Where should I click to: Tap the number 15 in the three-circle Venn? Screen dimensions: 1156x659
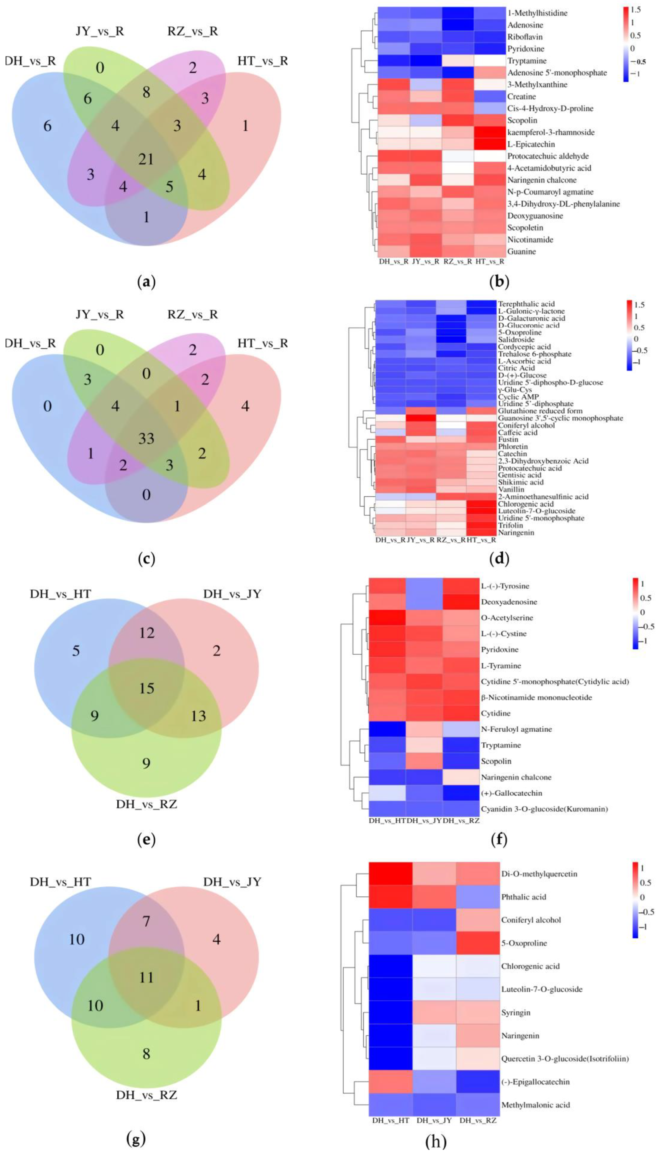(x=147, y=688)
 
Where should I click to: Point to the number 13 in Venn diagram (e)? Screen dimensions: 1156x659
(x=198, y=716)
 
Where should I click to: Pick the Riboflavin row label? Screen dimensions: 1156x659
(x=525, y=37)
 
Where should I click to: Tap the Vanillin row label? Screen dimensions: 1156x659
(x=511, y=489)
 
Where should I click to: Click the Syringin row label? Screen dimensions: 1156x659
(x=516, y=1012)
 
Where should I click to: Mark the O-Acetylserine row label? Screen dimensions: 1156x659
(x=507, y=618)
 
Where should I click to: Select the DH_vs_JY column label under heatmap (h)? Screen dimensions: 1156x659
(x=435, y=1121)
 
